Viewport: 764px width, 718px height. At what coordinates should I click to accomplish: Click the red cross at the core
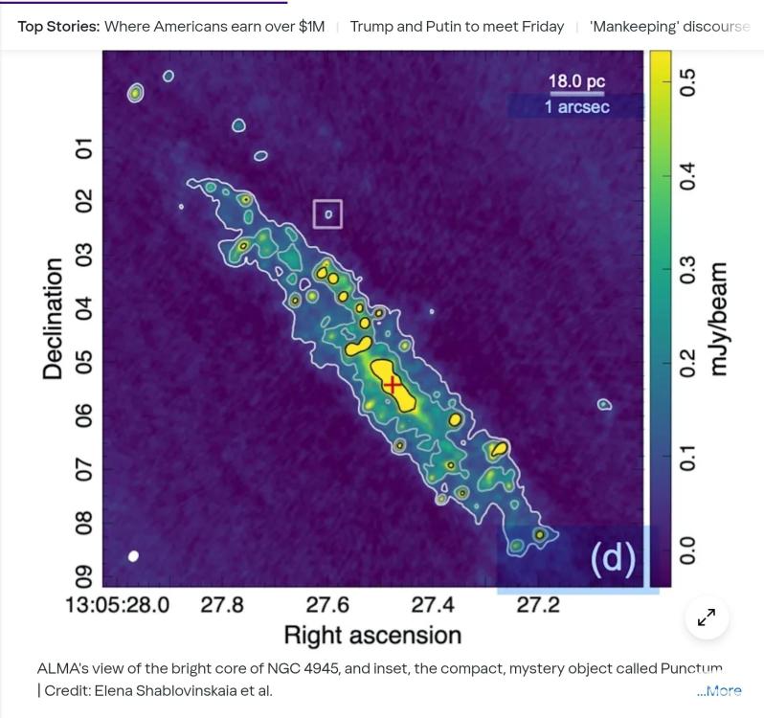(393, 384)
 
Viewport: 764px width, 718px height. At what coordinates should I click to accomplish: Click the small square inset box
(327, 214)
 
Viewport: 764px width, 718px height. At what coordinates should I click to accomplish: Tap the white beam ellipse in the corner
(134, 556)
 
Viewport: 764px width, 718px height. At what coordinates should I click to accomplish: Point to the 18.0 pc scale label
(576, 82)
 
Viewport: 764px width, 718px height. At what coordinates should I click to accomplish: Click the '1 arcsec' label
(576, 107)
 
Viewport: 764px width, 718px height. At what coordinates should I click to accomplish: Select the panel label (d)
(613, 558)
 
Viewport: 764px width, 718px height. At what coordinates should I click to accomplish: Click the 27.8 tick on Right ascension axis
(222, 605)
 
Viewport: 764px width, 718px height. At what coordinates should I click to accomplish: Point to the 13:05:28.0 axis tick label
(117, 605)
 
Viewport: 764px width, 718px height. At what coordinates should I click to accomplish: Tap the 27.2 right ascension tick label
(538, 605)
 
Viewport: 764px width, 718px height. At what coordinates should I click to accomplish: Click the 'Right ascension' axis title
(372, 636)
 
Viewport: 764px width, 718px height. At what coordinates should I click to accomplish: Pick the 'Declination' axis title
(54, 319)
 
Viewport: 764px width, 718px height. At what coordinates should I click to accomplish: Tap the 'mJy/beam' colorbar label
(719, 319)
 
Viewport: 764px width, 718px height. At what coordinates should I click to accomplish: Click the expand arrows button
(707, 617)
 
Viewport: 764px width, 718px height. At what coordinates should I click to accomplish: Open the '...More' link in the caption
(719, 690)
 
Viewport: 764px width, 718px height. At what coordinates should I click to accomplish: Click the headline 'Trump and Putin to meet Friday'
(457, 26)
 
